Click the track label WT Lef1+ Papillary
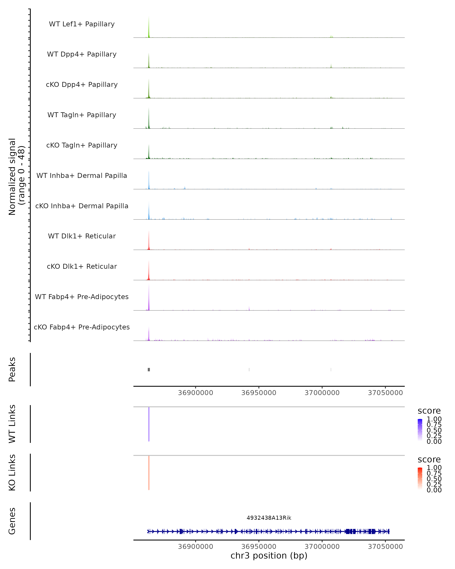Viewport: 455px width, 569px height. [82, 24]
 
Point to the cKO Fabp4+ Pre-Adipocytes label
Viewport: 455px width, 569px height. [82, 327]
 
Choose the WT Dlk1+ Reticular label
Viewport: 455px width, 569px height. [82, 236]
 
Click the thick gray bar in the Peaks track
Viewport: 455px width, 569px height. [149, 369]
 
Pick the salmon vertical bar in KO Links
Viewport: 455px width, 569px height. [149, 473]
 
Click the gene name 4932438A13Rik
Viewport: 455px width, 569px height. [269, 518]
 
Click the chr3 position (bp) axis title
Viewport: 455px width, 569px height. [269, 556]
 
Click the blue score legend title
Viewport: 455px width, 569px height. [429, 411]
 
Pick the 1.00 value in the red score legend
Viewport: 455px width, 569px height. [434, 468]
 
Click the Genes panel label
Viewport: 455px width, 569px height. [12, 521]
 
